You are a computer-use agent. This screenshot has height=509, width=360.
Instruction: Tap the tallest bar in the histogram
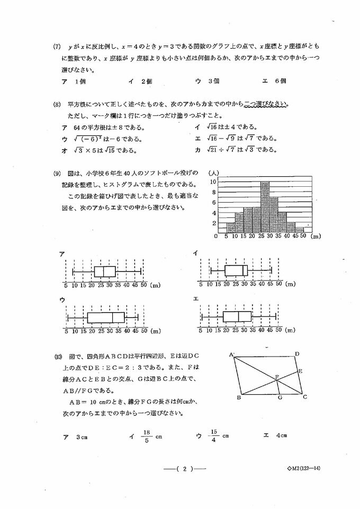[x=265, y=206]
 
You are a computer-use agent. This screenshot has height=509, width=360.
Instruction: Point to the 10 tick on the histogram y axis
[x=213, y=181]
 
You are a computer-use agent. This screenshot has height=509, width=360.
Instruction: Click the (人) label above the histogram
[x=213, y=172]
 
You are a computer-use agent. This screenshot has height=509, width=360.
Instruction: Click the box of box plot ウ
[x=105, y=317]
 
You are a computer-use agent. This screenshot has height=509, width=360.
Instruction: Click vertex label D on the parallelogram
[x=297, y=354]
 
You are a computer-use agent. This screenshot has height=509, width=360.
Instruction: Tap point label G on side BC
[x=280, y=398]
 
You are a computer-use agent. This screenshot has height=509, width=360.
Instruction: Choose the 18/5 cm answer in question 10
[x=146, y=436]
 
